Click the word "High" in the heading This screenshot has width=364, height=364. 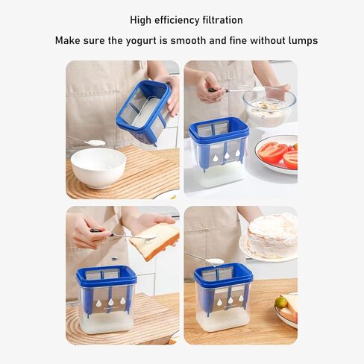(x=142, y=20)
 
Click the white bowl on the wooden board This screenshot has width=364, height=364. (x=98, y=166)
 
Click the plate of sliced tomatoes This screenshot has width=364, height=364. (x=277, y=152)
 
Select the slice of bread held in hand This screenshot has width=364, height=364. (x=154, y=240)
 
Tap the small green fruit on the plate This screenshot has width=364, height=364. (x=281, y=302)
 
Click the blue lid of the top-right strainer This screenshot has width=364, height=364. (x=219, y=129)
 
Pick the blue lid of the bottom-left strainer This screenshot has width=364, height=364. (x=106, y=274)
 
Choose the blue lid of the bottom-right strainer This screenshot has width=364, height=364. (x=223, y=273)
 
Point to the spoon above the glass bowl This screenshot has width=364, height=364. (x=239, y=90)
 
